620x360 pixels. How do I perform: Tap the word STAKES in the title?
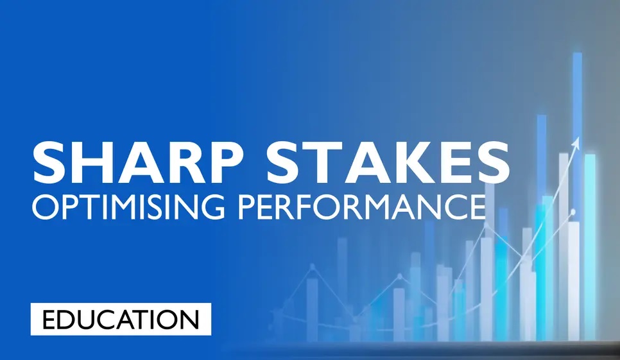(x=388, y=162)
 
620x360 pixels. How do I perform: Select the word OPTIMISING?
(x=128, y=207)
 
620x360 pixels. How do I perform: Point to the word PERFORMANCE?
(x=362, y=207)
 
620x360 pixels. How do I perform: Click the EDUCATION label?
(x=121, y=320)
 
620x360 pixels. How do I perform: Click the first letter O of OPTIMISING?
(x=46, y=207)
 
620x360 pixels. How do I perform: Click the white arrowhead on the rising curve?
(x=576, y=143)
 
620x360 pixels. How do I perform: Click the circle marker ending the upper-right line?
(x=573, y=212)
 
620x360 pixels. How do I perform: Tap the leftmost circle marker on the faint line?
(x=313, y=267)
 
